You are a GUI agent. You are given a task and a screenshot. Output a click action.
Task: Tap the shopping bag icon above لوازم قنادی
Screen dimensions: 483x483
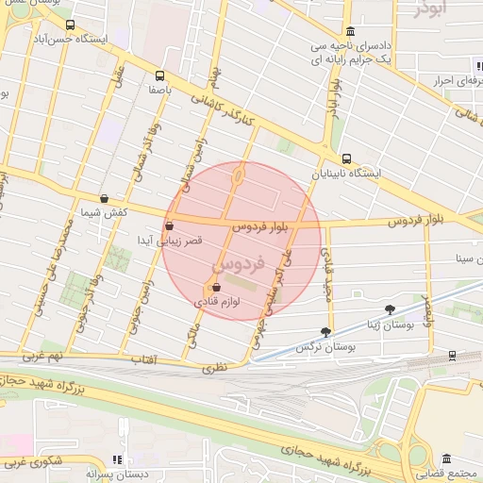point(217,288)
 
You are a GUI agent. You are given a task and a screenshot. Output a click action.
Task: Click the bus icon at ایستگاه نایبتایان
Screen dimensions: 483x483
point(347,158)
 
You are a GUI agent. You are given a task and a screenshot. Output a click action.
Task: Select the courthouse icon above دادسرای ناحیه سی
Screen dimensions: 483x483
point(350,30)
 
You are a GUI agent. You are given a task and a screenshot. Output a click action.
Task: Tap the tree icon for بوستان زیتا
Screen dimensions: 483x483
point(391,308)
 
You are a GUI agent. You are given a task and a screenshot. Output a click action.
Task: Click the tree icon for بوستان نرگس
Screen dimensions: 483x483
point(326,332)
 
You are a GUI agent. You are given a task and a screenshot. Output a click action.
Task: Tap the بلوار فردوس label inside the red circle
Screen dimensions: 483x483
point(260,226)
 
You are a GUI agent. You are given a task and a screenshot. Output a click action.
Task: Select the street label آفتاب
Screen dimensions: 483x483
point(142,359)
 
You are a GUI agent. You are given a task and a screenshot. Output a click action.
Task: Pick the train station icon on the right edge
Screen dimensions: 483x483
point(453,355)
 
